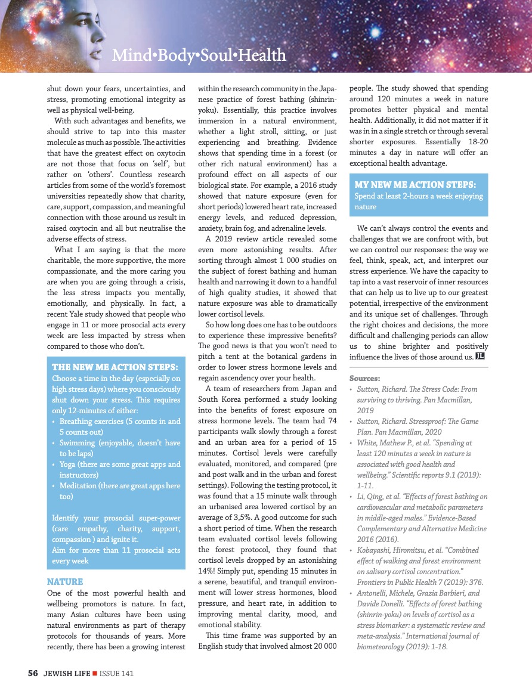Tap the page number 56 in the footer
pyautogui.click(x=33, y=673)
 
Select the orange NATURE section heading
pyautogui.click(x=64, y=581)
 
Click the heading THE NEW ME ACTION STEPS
pyautogui.click(x=115, y=367)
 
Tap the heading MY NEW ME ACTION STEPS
pyautogui.click(x=415, y=184)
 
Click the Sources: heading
pyautogui.click(x=364, y=378)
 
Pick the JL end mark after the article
pyautogui.click(x=480, y=357)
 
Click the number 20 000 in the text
pyautogui.click(x=321, y=647)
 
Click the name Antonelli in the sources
pyautogui.click(x=374, y=593)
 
